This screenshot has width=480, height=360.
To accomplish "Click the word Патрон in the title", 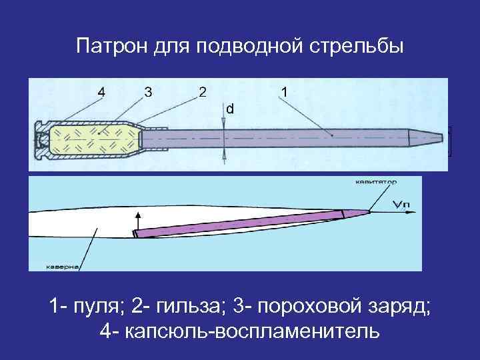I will tap(106, 47).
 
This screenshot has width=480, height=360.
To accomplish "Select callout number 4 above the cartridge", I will tap(101, 92).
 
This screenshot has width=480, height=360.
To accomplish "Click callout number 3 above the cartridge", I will tap(147, 92).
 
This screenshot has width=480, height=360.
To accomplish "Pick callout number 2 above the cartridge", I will tap(202, 92).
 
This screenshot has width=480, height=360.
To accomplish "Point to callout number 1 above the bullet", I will tap(285, 92).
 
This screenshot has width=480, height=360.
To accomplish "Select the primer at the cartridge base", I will tap(41, 139).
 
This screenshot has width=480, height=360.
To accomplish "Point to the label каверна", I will tap(63, 267).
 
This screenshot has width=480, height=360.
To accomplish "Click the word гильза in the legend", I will tap(188, 308).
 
